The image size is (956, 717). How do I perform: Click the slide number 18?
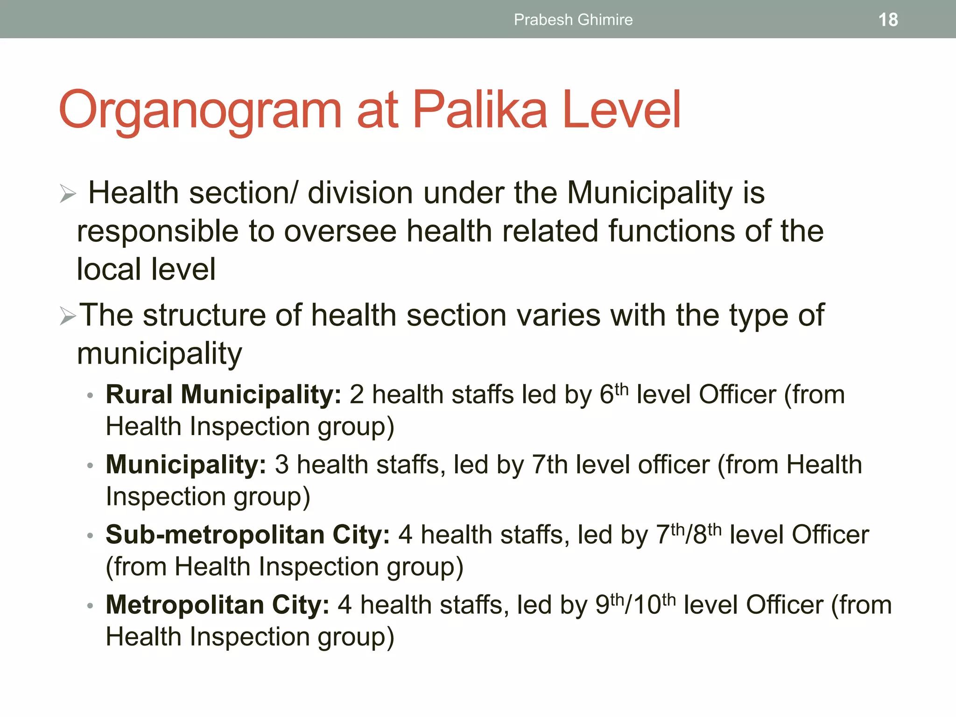tap(888, 20)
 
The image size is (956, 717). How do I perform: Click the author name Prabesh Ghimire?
tap(573, 20)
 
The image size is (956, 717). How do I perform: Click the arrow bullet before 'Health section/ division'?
tap(68, 194)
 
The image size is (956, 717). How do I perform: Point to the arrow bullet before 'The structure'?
tap(68, 316)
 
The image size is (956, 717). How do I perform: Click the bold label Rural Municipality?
tap(224, 394)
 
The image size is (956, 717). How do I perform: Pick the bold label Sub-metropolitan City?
tap(247, 534)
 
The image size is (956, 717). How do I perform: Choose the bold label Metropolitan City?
tap(218, 605)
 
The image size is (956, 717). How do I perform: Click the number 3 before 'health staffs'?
tap(282, 465)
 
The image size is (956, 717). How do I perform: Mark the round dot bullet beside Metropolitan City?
tap(90, 606)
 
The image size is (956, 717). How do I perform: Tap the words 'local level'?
tap(146, 269)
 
